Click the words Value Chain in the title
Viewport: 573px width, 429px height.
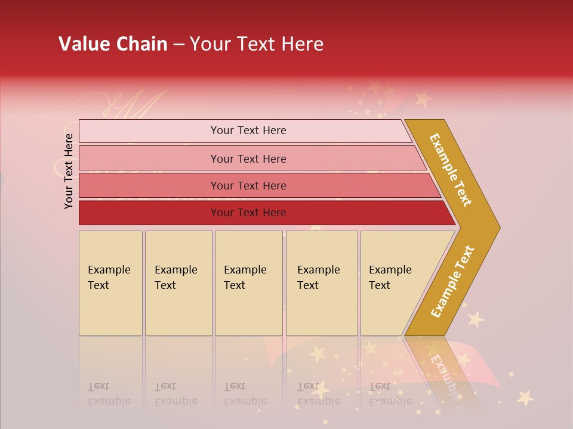pos(113,44)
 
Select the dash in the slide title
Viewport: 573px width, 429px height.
pos(178,45)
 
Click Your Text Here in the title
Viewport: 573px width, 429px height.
pos(257,44)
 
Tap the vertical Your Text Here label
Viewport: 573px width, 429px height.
pos(69,171)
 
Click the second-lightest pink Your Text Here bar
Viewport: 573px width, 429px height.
pos(248,158)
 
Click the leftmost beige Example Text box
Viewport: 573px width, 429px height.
pos(110,283)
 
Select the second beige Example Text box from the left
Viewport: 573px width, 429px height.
pos(178,283)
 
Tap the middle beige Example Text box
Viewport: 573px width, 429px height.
pos(248,283)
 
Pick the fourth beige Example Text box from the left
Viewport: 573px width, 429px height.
pos(322,283)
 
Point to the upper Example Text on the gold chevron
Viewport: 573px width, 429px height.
pos(451,169)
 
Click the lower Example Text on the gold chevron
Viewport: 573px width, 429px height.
pos(452,281)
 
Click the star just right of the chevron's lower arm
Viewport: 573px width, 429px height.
pos(475,319)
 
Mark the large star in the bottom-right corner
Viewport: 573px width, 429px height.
pos(525,397)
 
